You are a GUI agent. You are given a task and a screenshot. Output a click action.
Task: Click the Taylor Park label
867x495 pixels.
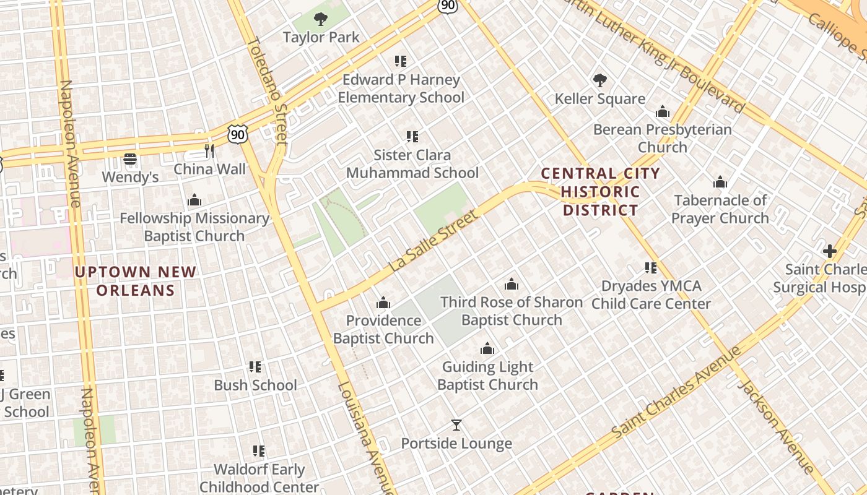coord(321,37)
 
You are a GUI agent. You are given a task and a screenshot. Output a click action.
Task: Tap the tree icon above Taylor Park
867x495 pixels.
coord(320,19)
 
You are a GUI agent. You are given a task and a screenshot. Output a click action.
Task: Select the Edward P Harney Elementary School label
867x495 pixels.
coord(401,88)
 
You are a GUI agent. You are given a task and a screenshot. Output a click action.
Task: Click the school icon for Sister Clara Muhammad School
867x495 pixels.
coord(412,137)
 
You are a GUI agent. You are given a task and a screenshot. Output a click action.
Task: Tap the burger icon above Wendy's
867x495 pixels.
coord(130,159)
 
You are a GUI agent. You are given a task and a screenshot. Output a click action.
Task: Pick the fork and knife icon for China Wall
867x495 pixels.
coord(209,151)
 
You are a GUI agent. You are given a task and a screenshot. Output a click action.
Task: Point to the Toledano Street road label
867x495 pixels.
coord(268,90)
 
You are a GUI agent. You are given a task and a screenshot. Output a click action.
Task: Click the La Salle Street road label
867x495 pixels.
coord(434,241)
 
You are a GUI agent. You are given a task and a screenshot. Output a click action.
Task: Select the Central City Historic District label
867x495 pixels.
coord(599,192)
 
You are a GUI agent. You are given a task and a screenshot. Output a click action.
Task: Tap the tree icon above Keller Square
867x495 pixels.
coord(599,80)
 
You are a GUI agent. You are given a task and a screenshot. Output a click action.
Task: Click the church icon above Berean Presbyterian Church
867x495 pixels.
coord(663,112)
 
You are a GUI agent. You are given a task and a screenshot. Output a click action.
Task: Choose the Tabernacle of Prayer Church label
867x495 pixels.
coord(720,209)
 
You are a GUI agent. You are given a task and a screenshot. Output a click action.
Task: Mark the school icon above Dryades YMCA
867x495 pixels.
coord(651,268)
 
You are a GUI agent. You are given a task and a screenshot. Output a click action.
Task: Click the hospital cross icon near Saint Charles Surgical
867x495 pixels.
coord(830,251)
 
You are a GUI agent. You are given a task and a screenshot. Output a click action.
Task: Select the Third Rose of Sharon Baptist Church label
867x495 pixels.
coord(512,311)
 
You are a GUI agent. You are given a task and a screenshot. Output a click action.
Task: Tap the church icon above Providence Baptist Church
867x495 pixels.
coord(383,303)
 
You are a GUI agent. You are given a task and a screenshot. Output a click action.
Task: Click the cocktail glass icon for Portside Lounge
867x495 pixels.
coord(456,425)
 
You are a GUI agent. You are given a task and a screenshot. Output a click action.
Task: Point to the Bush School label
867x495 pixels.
coord(255,385)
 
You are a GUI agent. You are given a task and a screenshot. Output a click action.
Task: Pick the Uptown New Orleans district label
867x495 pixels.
coord(136,281)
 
